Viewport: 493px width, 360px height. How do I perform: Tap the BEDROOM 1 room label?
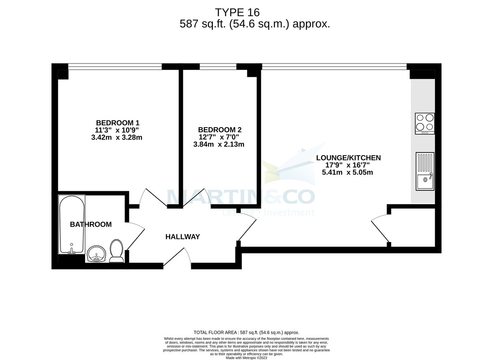(x=117, y=123)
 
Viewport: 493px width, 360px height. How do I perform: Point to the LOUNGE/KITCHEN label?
(x=348, y=158)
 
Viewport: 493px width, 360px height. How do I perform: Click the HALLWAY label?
(x=182, y=237)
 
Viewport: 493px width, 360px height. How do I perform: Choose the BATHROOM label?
(x=91, y=225)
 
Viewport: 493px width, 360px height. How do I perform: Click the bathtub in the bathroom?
(x=72, y=224)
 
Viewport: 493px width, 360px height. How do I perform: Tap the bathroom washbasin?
(x=97, y=253)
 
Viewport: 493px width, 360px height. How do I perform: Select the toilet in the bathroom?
(x=116, y=251)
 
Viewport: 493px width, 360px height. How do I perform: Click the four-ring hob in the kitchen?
(x=424, y=123)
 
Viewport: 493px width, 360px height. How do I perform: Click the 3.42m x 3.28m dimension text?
(x=117, y=138)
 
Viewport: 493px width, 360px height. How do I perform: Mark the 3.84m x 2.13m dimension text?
(x=219, y=144)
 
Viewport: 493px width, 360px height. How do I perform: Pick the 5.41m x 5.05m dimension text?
(x=348, y=172)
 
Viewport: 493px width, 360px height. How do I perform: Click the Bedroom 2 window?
(x=218, y=66)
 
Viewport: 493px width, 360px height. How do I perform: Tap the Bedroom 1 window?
(x=115, y=66)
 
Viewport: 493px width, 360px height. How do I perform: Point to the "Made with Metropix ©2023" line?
(x=246, y=358)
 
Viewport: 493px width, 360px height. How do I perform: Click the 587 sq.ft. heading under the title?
(x=255, y=24)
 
